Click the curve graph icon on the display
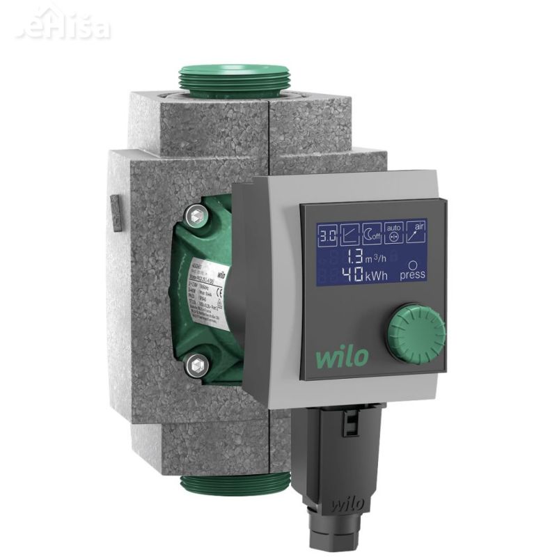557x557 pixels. (x=350, y=236)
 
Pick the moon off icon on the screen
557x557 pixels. (x=374, y=236)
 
